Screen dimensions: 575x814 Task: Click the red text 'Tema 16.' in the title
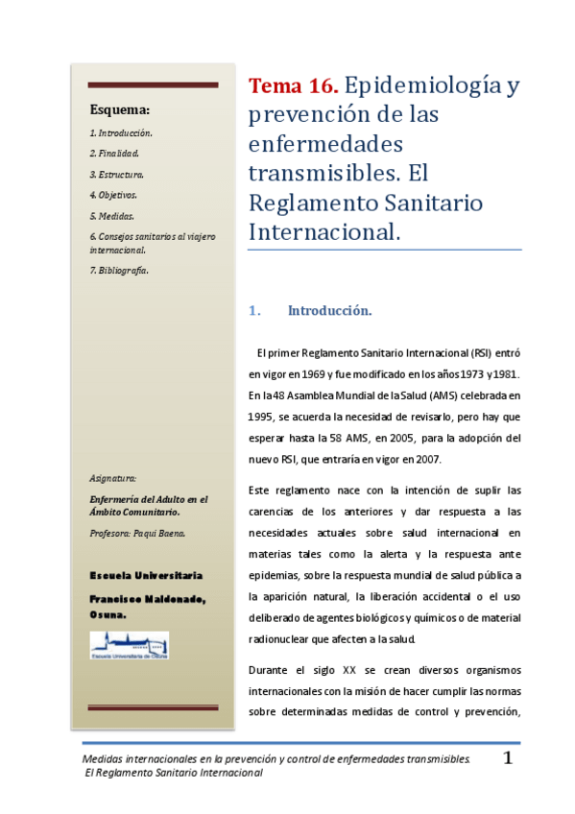[x=293, y=87]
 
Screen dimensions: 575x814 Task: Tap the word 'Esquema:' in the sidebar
[x=119, y=109]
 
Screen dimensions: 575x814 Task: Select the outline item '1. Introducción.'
[x=121, y=132]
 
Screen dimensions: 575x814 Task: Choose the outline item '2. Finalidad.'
[x=114, y=154]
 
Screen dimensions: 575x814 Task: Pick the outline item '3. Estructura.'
[x=117, y=175]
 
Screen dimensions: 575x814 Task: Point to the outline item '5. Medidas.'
[x=111, y=216]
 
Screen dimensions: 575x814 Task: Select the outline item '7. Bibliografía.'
[x=119, y=271]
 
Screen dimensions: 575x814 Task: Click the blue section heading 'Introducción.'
[x=329, y=311]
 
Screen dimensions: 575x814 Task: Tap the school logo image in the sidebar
[x=130, y=645]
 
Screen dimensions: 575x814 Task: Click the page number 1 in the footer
[x=509, y=759]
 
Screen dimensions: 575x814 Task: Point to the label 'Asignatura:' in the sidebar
[x=112, y=477]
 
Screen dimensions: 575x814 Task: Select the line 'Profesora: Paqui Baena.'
[x=136, y=534]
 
